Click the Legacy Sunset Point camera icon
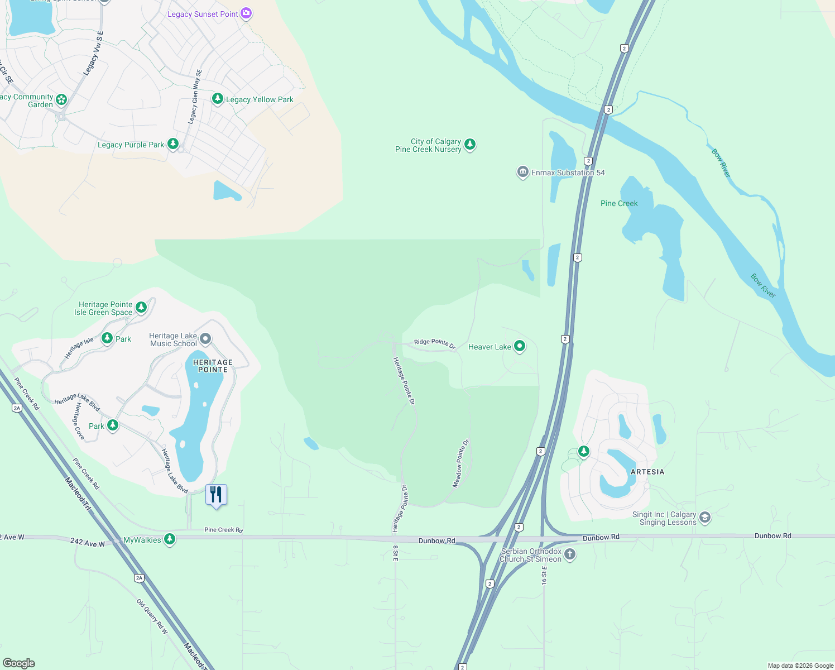pyautogui.click(x=246, y=13)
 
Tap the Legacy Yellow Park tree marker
pyautogui.click(x=218, y=99)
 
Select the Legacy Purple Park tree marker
pyautogui.click(x=173, y=144)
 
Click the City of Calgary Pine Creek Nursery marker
pyautogui.click(x=470, y=145)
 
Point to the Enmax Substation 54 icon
pyautogui.click(x=522, y=172)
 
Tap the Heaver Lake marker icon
pyautogui.click(x=520, y=346)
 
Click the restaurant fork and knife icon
pyautogui.click(x=216, y=495)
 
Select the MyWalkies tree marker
pyautogui.click(x=170, y=539)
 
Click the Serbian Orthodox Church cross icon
pyautogui.click(x=569, y=554)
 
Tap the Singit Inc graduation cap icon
pyautogui.click(x=705, y=518)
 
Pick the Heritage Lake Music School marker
pyautogui.click(x=205, y=338)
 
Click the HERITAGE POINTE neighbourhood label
pyautogui.click(x=213, y=366)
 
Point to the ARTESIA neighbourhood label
pyautogui.click(x=647, y=472)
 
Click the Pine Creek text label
pyautogui.click(x=619, y=203)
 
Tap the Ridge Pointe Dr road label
pyautogui.click(x=435, y=343)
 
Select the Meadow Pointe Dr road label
pyautogui.click(x=460, y=464)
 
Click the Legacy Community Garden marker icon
pyautogui.click(x=61, y=100)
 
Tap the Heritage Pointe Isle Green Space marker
pyautogui.click(x=141, y=307)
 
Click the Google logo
pyautogui.click(x=19, y=663)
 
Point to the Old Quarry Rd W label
pyautogui.click(x=152, y=616)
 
